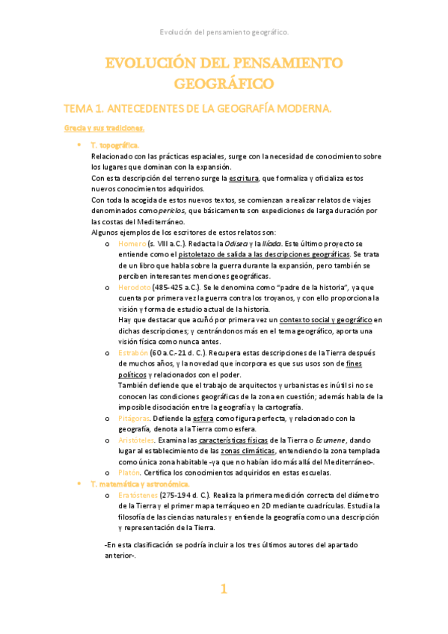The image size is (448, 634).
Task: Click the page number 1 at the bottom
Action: point(222,589)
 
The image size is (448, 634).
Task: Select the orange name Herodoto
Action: point(135,286)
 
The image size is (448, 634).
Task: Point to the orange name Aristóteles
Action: point(136,440)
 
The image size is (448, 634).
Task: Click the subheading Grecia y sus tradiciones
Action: point(103,129)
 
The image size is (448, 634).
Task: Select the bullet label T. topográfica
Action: point(114,144)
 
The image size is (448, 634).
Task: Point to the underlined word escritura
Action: point(239,178)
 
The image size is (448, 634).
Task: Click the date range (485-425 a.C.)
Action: point(178,286)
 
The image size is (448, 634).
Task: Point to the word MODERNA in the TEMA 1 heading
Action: point(300,109)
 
